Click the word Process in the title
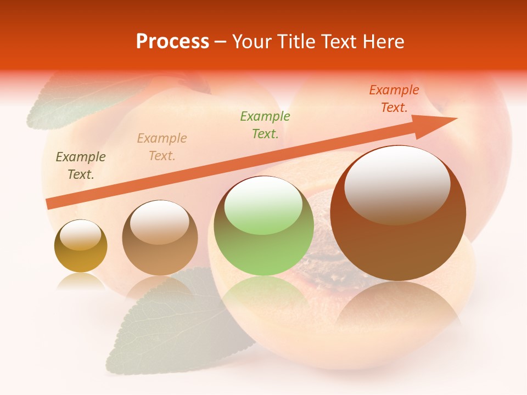(x=172, y=42)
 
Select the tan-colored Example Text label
(x=162, y=147)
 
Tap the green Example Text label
(x=265, y=125)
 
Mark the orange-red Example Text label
(x=394, y=99)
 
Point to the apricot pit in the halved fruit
(x=329, y=269)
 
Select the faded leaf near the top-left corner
(x=60, y=104)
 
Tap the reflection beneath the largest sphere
(x=398, y=307)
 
